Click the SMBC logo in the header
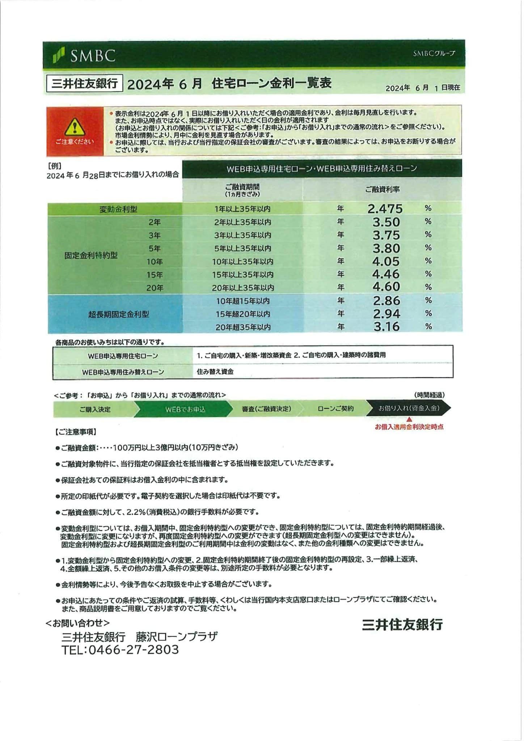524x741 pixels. pos(84,55)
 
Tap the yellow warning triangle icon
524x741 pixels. pos(75,127)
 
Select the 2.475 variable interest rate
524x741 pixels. pos(385,209)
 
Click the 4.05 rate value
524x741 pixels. pos(386,261)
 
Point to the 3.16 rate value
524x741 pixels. pos(386,327)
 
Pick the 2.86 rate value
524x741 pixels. pos(386,301)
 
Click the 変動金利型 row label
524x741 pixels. pos(118,209)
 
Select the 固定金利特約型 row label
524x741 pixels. pos(91,255)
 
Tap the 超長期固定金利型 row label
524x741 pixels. pos(118,314)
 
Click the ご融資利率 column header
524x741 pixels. pos(382,190)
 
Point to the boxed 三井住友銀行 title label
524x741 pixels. pos(85,84)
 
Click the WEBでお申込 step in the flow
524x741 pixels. pos(185,409)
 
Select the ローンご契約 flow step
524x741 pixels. pos(335,408)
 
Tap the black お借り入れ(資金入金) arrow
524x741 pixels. pos(409,408)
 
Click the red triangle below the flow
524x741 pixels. pos(409,419)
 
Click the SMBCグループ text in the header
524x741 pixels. pos(434,54)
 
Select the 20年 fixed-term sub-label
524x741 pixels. pos(155,288)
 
